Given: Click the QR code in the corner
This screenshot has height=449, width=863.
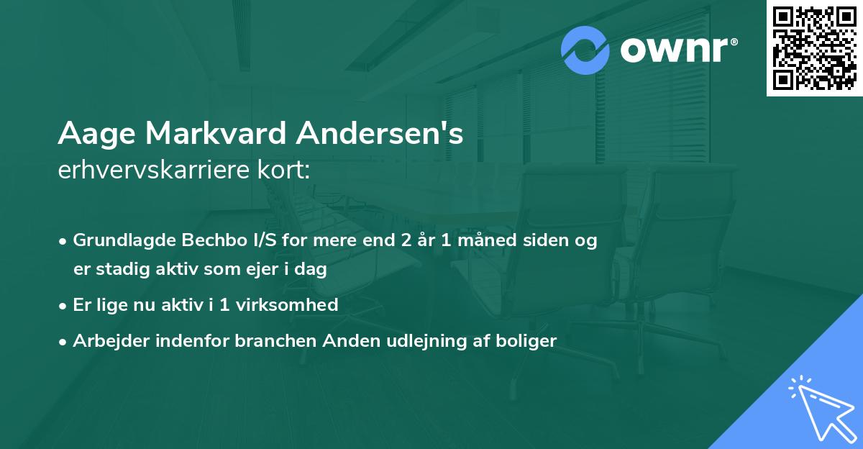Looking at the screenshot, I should (814, 48).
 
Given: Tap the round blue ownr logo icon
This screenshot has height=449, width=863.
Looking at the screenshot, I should (585, 50).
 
